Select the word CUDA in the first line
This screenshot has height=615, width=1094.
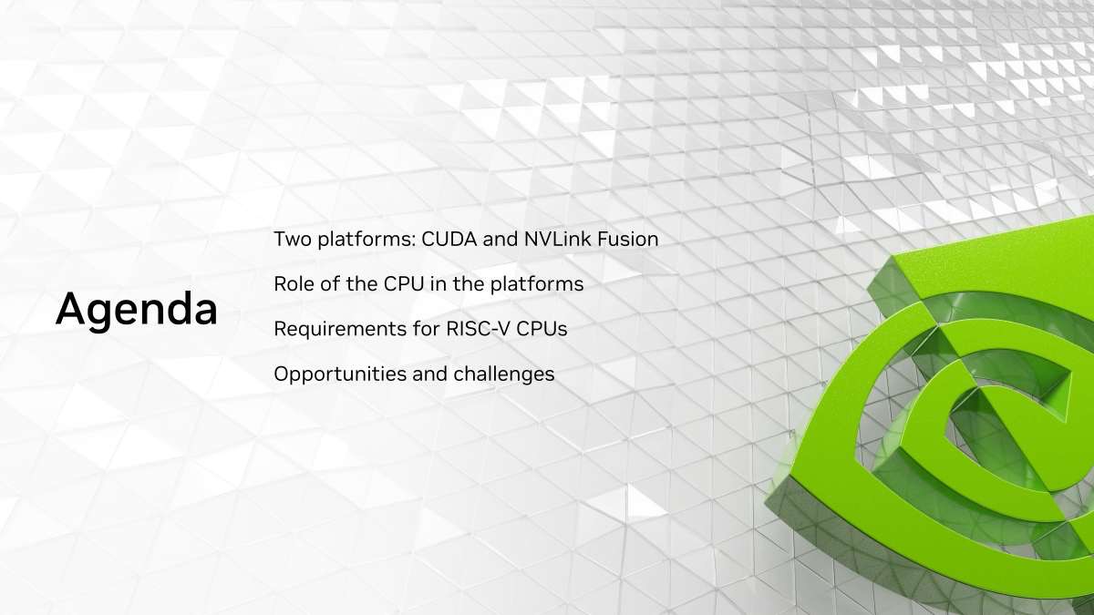coord(449,239)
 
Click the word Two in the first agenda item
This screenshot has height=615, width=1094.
coord(293,239)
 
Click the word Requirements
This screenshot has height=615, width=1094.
coord(340,330)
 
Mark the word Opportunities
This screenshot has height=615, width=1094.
coord(340,374)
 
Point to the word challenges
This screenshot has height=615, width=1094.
coord(504,374)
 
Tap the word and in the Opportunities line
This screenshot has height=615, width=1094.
coord(429,374)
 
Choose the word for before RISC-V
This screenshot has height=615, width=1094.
coord(427,329)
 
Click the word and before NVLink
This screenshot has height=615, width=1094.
coord(501,239)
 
